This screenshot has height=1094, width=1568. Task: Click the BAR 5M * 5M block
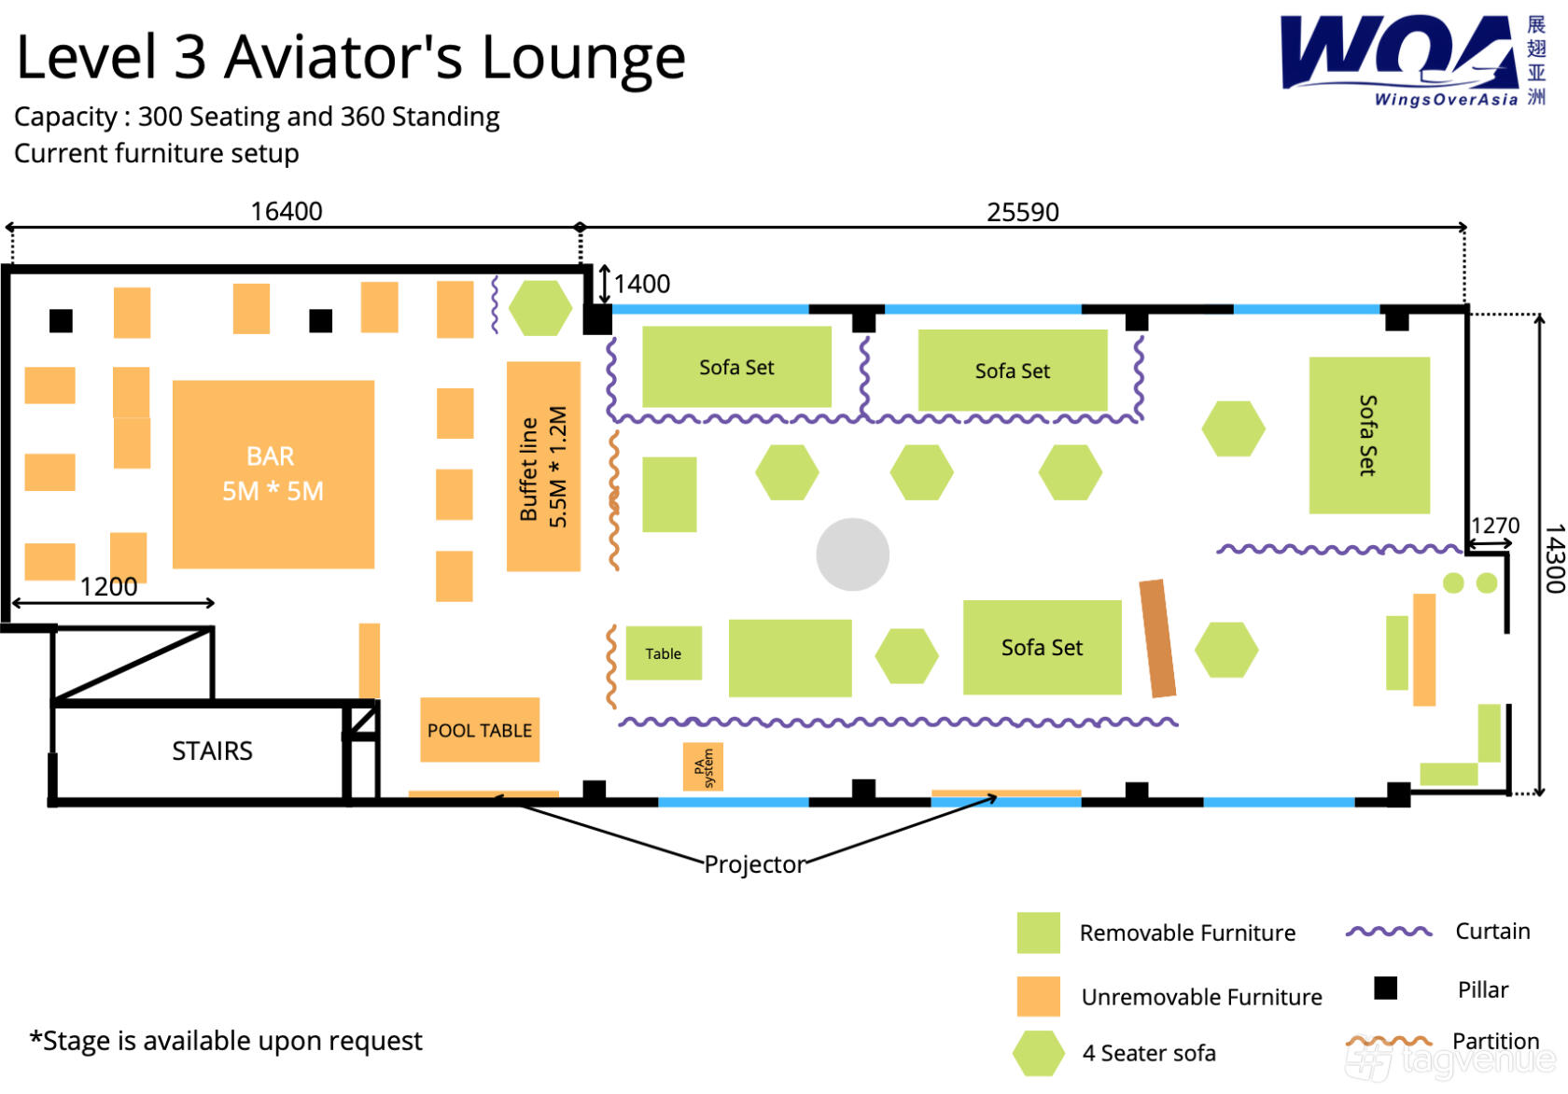point(273,474)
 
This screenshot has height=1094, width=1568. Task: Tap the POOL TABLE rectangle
point(480,729)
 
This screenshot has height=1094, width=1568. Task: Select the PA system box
point(703,766)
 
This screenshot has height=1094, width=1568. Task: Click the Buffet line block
point(543,466)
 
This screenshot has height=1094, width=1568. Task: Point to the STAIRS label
point(212,751)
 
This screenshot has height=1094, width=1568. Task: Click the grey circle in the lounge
point(853,554)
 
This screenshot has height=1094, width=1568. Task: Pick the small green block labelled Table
point(664,653)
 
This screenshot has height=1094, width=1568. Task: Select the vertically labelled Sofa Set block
point(1369,435)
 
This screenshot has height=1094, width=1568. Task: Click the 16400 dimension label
point(287,211)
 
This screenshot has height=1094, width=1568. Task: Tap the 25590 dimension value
point(1023,212)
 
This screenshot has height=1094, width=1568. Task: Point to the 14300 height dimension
point(1554,558)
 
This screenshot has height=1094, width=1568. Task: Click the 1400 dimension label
point(642,284)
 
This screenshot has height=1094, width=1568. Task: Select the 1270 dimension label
point(1494,525)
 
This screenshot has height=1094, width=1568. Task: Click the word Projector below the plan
point(754,864)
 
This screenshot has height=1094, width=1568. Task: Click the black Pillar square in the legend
point(1385,989)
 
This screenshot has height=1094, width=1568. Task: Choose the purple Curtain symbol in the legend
point(1389,931)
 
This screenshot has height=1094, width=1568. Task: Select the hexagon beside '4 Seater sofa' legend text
point(1038,1053)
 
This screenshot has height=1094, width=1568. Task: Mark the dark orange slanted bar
point(1157,638)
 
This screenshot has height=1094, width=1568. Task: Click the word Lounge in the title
point(584,60)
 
